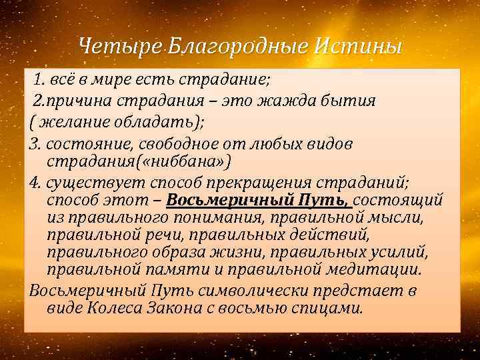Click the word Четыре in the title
(119, 47)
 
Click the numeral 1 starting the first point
(39, 81)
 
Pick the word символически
(259, 291)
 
